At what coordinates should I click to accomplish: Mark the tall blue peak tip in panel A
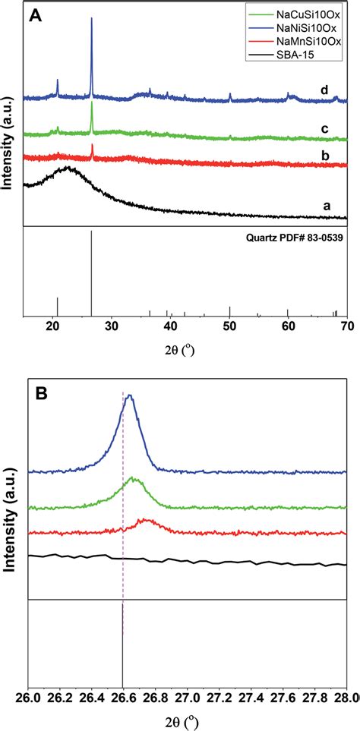click(91, 19)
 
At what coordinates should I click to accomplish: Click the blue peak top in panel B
click(131, 395)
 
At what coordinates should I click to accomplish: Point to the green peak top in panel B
click(134, 478)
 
